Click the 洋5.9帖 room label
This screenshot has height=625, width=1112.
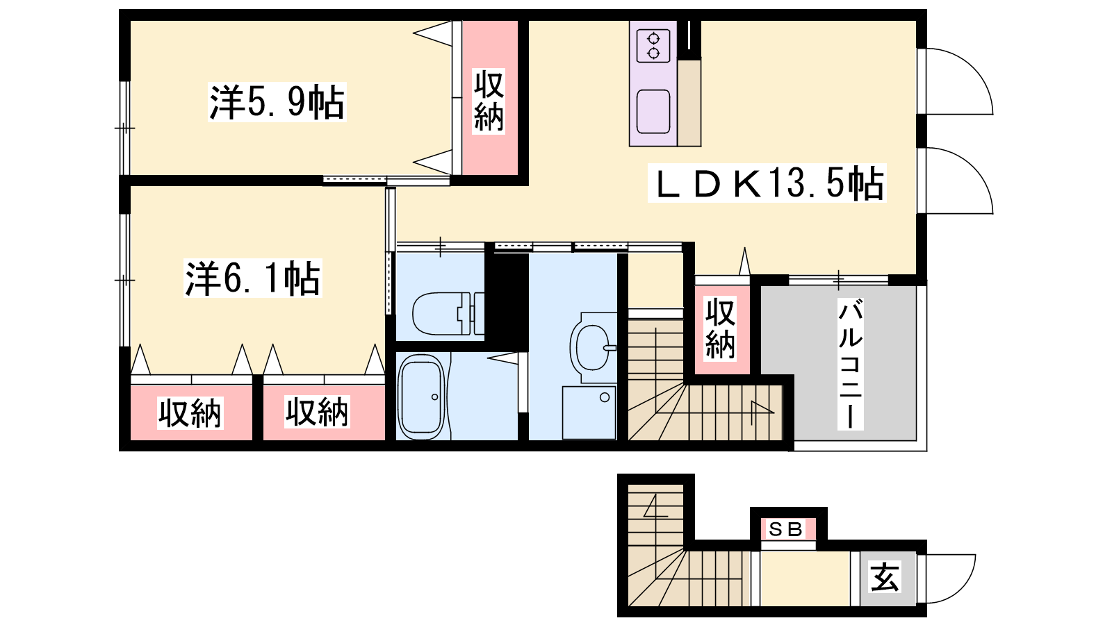coord(277,102)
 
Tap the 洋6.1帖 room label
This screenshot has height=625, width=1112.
coord(253,278)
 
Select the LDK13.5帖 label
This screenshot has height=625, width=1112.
coord(767,183)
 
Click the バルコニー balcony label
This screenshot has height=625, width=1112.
coord(851,364)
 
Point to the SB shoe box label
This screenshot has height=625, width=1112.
coord(785,530)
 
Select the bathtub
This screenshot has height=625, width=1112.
coord(422,397)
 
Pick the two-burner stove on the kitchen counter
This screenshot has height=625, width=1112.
coord(653,46)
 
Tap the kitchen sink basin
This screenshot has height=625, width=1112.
coord(653,112)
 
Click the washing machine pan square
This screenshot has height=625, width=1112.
coord(589,412)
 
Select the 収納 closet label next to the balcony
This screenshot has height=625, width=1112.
coord(720,329)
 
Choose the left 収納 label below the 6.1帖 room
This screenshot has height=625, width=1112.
coord(190,412)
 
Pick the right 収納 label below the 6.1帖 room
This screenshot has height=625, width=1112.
coord(317,412)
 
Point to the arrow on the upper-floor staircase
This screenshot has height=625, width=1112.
coord(762,411)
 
